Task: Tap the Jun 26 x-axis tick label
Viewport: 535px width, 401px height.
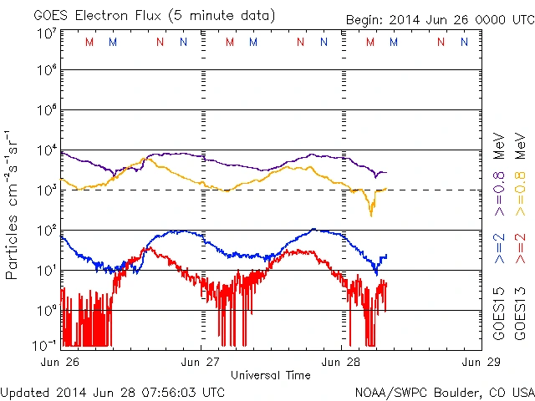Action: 61,362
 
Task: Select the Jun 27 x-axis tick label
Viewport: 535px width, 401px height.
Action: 201,362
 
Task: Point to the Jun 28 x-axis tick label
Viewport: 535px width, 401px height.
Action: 341,362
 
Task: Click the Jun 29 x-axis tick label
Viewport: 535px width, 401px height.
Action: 480,362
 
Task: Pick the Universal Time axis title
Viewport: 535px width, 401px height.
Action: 270,375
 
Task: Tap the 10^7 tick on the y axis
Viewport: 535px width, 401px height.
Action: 46,33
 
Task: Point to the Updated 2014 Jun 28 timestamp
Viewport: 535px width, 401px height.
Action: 113,392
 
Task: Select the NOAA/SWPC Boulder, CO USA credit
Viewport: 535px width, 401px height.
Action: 443,392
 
